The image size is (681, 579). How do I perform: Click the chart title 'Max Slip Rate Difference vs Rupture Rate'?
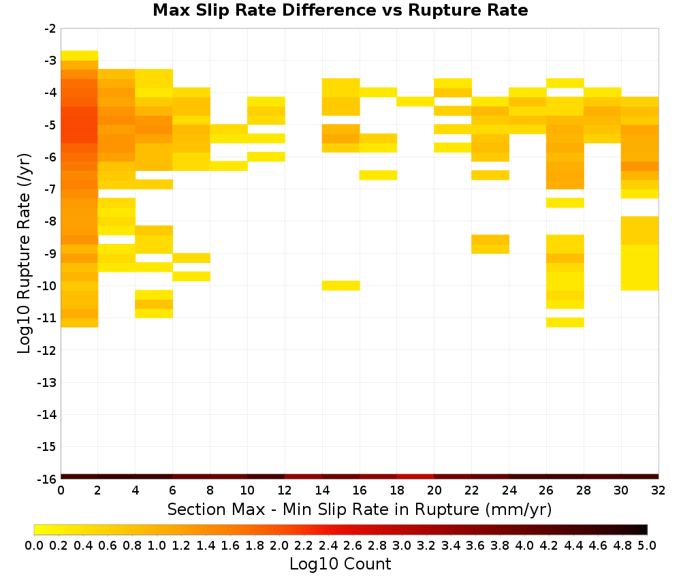click(340, 10)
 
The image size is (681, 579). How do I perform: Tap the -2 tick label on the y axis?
click(50, 29)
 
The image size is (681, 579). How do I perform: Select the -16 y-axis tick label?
click(47, 479)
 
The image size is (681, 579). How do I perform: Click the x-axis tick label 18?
click(397, 490)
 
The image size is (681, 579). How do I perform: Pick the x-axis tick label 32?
click(659, 490)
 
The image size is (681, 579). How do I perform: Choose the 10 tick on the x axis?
click(248, 490)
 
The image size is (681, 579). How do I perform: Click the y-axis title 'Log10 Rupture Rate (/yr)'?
click(24, 253)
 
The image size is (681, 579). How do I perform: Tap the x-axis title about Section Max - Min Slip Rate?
click(360, 509)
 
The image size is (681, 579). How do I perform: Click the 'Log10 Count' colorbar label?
click(340, 564)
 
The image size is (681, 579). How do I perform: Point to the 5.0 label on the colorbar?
click(647, 545)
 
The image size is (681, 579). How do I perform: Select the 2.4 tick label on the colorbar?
click(328, 545)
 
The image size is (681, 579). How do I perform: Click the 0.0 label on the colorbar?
click(34, 545)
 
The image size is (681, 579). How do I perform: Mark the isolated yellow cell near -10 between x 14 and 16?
click(341, 285)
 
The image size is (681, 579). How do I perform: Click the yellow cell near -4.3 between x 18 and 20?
click(415, 101)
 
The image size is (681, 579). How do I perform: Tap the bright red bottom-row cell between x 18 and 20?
click(415, 477)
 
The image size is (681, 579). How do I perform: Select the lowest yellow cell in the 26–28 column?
click(565, 322)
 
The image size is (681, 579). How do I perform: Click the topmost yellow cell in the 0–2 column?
click(80, 56)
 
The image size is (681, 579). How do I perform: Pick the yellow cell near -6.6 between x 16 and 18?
click(378, 175)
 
